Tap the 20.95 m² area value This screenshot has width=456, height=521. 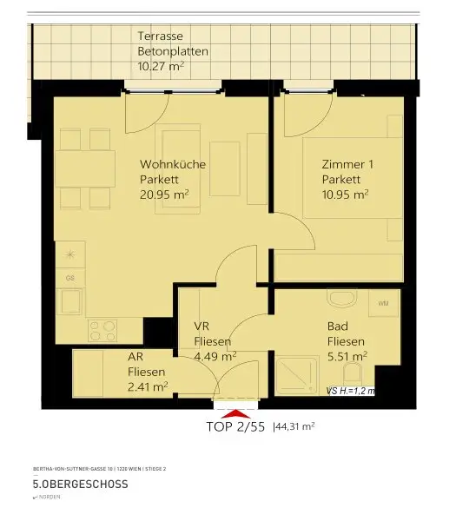[164, 195]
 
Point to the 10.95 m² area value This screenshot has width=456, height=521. [345, 195]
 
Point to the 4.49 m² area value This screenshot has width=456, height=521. [215, 355]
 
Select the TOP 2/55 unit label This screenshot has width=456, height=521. [235, 427]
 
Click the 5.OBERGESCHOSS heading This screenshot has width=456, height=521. [80, 484]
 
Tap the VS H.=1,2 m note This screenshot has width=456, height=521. [351, 392]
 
